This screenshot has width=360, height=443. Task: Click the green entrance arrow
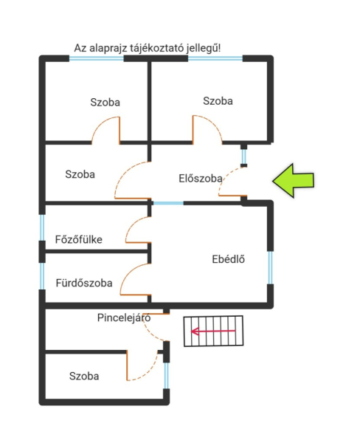coord(293,181)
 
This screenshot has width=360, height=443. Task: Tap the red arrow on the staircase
coord(213,331)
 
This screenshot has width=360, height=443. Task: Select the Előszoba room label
coord(201,179)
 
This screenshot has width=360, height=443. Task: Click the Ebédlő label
coord(228,259)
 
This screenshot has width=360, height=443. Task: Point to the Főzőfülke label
coord(78,239)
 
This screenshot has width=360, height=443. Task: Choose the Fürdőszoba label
coord(84,283)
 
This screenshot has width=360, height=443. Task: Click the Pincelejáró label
coord(124,317)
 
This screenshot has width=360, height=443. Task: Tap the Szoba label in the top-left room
coord(105,102)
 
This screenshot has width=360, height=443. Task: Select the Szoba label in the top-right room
coord(218,101)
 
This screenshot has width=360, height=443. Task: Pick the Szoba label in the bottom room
coord(84,376)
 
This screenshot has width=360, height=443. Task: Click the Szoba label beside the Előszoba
coord(80,174)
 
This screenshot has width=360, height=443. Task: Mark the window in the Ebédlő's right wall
coord(270,267)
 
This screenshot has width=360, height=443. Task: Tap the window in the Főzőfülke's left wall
coord(42,227)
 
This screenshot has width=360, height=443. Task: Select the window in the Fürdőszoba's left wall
coord(42,276)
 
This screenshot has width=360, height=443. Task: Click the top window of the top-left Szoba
coord(97,58)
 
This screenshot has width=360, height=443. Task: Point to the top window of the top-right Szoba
coord(215,58)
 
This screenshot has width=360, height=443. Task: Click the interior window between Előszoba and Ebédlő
coord(168,203)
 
